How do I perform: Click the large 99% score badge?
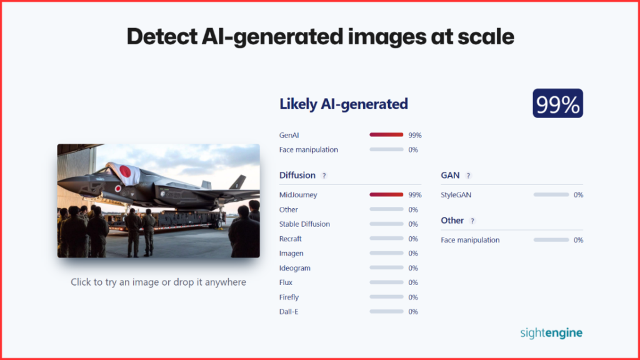coord(557,103)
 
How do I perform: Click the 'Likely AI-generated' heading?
coord(343,104)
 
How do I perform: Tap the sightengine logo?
coord(551,332)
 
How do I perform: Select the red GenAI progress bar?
coord(386,135)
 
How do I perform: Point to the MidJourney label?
coord(298,195)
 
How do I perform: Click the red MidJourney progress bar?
coord(386,195)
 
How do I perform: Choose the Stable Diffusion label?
coord(304,224)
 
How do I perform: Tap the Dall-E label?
coord(289,311)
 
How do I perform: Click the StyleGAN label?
coord(456,195)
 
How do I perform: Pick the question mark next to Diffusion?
coord(324,176)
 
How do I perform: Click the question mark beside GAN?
coord(468,176)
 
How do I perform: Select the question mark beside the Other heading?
coord(472,221)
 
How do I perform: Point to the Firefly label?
coord(289,297)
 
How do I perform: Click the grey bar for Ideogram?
coord(386,267)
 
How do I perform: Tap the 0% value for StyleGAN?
coord(578,195)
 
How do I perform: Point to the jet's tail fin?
coord(238,182)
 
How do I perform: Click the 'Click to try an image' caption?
coord(158,282)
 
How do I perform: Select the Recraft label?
coord(290,239)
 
